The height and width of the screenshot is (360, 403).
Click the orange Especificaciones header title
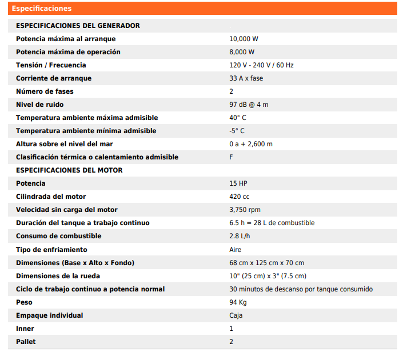pos(42,9)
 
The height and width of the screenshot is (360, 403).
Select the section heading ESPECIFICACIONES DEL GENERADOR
pos(78,26)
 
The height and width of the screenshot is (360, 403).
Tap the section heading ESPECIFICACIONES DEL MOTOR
pos(69,170)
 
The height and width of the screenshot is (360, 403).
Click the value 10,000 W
pos(244,39)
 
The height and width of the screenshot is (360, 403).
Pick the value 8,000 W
pos(242,52)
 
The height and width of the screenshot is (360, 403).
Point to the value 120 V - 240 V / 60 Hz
pos(261,65)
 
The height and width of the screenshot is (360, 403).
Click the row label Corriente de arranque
pos(54,78)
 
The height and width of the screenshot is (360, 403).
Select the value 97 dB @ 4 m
pos(249,105)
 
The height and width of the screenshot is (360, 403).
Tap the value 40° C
pos(238,118)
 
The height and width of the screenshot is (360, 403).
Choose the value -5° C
pos(237,131)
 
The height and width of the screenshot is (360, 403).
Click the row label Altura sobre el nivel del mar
pos(64,144)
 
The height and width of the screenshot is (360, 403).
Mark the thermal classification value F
pos(231,157)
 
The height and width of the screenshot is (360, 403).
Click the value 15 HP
pos(238,183)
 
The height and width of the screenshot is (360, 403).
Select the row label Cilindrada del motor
pos(51,197)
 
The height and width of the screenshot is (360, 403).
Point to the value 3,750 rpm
pos(245,210)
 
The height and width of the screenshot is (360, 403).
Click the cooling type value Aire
pos(236,250)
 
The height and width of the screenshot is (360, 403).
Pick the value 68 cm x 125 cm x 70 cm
pos(266,263)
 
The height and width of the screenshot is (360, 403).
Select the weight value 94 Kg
pos(238,302)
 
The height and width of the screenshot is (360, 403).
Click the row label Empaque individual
pos(50,315)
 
